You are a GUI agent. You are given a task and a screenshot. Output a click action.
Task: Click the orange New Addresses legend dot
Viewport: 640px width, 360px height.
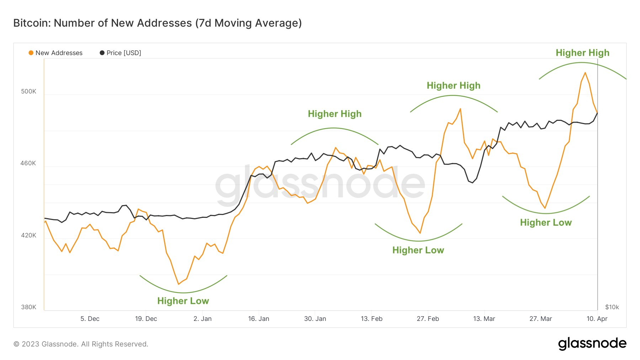(31, 53)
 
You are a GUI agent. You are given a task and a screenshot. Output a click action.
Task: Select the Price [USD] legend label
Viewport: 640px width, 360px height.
(124, 53)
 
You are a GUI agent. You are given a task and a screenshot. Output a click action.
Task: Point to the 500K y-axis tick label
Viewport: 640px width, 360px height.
(28, 91)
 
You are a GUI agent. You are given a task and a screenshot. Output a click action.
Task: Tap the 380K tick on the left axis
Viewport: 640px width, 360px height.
(28, 307)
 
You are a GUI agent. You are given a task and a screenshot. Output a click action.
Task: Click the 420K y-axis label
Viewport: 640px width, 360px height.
(28, 235)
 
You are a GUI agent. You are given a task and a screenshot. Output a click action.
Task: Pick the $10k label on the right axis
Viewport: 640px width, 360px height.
(612, 307)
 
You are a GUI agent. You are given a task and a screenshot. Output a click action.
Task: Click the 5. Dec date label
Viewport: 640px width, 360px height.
(90, 319)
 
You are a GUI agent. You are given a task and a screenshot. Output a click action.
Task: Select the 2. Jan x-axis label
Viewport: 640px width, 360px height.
(202, 319)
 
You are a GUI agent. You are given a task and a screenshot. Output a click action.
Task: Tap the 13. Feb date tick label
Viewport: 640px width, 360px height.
(372, 319)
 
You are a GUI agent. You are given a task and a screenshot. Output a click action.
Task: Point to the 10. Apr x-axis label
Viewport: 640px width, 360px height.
(597, 319)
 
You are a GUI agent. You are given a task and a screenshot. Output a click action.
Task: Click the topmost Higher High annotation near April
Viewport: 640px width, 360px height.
(582, 53)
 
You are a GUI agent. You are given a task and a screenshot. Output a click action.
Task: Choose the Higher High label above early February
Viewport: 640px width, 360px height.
(335, 114)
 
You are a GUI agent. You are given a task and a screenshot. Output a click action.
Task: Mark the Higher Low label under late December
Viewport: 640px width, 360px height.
(183, 301)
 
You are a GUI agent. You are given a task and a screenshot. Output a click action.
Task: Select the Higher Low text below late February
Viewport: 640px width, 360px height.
(418, 250)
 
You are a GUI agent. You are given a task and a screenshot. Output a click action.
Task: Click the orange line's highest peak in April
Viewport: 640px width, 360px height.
(585, 73)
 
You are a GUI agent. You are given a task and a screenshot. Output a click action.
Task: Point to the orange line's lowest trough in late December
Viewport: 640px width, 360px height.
(178, 284)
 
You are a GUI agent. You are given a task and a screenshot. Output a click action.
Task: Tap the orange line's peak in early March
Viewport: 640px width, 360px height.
(460, 109)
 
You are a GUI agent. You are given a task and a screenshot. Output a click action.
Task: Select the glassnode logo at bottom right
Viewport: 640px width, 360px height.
(592, 344)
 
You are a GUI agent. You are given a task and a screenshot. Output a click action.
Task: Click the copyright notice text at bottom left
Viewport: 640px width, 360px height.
(81, 344)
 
